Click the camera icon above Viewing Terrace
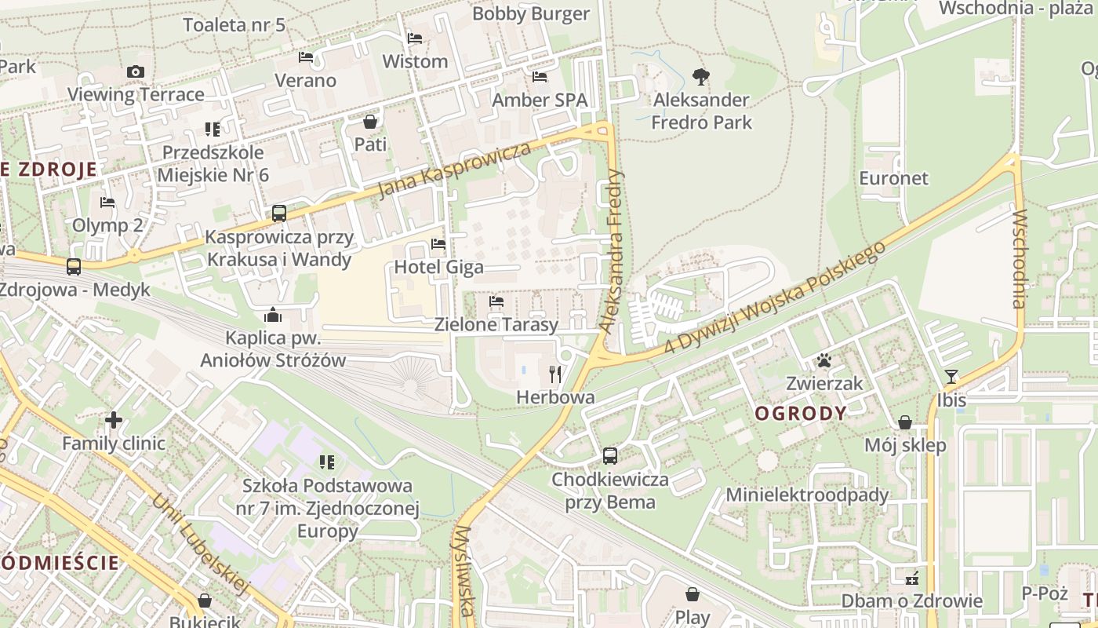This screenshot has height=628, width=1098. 135,71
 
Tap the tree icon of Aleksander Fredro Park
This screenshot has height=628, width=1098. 701,77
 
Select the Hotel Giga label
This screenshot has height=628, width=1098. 438,267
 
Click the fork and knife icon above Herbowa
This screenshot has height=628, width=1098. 555,374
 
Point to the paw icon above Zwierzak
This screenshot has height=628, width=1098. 824,360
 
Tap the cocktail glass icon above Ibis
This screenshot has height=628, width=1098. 951,377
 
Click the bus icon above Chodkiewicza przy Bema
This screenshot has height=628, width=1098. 610,455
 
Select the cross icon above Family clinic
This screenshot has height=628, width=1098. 114,420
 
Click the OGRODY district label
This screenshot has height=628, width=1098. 801,413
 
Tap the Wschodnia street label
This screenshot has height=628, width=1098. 1020,259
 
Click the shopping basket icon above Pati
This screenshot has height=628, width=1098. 370,122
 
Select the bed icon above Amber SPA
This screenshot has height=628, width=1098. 540,77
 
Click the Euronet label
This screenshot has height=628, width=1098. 893,178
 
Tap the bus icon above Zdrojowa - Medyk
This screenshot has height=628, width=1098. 73,267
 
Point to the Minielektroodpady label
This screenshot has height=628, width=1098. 807,495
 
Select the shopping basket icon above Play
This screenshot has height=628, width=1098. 693,594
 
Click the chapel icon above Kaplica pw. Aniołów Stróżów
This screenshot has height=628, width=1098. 273,315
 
